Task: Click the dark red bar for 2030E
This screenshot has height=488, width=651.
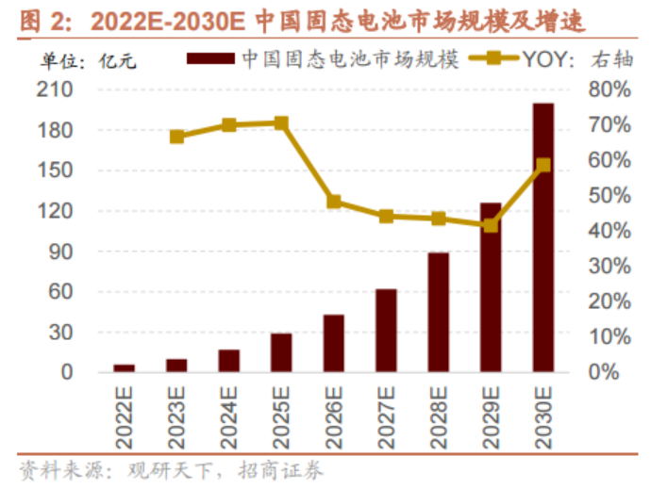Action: point(543,237)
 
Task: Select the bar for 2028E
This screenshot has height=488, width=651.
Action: point(439,312)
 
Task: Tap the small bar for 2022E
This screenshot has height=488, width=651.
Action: point(125,368)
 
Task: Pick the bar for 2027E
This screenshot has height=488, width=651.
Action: point(386,331)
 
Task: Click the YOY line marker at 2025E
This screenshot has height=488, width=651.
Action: point(281,123)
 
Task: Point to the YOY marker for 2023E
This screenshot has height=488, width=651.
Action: point(176,137)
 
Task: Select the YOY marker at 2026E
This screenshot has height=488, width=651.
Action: point(334,202)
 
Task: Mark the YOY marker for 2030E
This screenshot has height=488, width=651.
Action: point(543,166)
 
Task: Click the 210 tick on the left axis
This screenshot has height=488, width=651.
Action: point(55,89)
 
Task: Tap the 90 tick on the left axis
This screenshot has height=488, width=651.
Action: point(60,252)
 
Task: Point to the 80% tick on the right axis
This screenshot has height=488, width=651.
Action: point(609,89)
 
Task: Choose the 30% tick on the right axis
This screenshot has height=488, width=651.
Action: point(609,266)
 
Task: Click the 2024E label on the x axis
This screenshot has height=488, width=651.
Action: point(228,417)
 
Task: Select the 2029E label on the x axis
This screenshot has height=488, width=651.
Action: point(492,417)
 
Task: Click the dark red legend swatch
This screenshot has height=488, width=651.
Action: point(210,58)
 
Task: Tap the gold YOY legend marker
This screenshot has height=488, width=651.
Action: point(493,58)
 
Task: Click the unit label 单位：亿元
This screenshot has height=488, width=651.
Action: point(88,61)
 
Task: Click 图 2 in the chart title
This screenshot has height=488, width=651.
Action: point(42,21)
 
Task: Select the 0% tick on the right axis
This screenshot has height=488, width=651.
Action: point(604,372)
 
